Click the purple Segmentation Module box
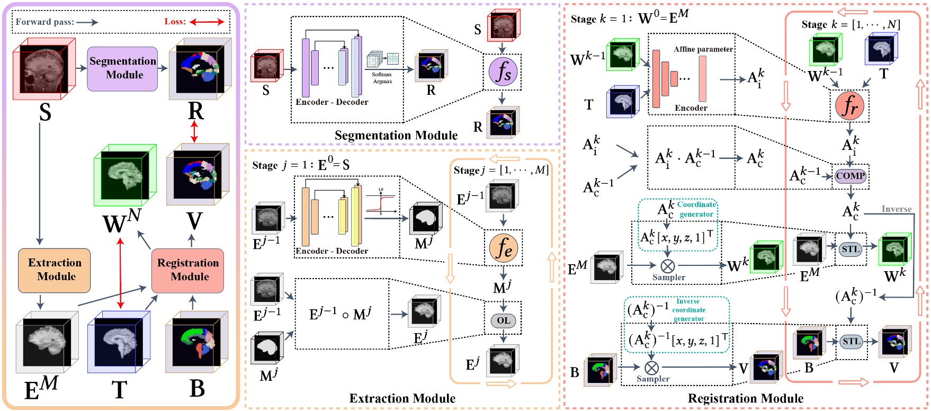coord(122,68)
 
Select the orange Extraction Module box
coord(55,270)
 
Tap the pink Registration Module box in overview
coord(187,270)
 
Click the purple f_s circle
coord(502,72)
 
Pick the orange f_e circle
coord(503,248)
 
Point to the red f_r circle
coord(849,106)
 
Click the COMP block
coord(851,176)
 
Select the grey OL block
coord(503,320)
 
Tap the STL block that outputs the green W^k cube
coord(851,249)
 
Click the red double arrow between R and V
coord(194,131)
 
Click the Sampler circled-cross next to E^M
coord(668,265)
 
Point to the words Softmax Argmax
coord(382,78)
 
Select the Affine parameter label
coord(703,49)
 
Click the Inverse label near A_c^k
coord(896,209)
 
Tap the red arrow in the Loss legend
coord(207,22)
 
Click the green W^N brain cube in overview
coord(125,175)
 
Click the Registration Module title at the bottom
coord(745,398)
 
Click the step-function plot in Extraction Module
coord(381,201)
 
